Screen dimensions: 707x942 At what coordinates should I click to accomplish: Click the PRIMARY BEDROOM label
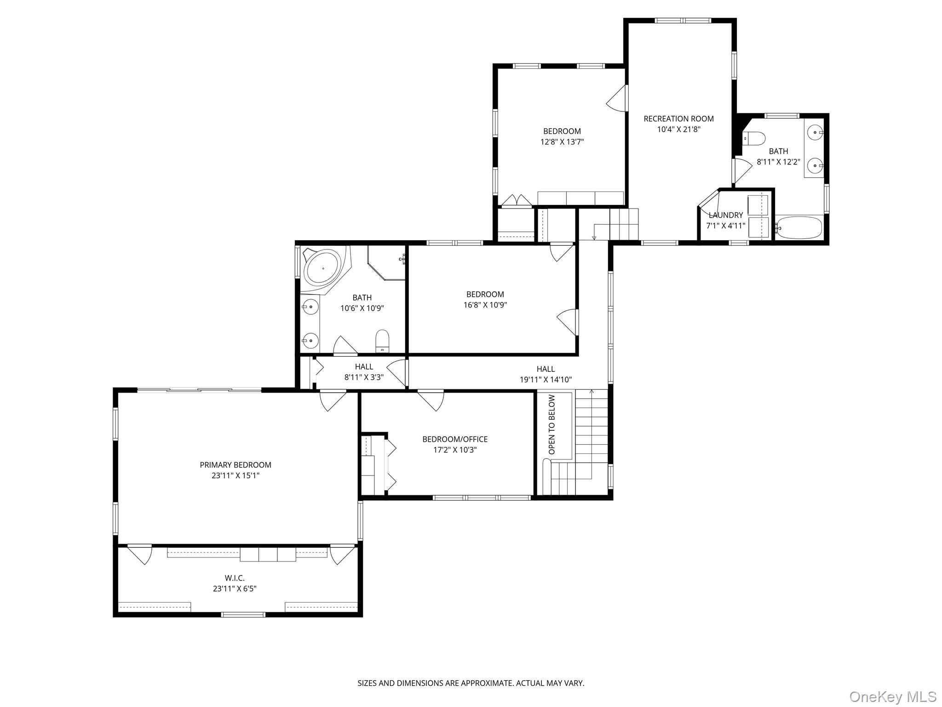(235, 465)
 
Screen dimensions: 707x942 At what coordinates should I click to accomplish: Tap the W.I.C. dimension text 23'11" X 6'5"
(235, 589)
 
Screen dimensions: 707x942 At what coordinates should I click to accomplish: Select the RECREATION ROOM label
(678, 119)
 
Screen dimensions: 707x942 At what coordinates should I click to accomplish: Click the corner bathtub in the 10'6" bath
(322, 267)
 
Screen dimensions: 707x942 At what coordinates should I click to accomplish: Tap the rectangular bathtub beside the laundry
(799, 227)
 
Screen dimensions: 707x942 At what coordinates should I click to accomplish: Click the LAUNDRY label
(725, 215)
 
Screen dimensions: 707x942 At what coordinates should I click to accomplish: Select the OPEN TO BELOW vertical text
(552, 424)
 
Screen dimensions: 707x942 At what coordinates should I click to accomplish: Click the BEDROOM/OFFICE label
(455, 439)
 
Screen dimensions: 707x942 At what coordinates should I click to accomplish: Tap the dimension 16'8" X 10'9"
(485, 305)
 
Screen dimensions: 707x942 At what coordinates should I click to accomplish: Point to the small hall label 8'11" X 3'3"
(364, 377)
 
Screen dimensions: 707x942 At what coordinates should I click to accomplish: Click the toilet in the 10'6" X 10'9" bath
(382, 340)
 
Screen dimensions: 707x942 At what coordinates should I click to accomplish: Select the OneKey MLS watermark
(892, 696)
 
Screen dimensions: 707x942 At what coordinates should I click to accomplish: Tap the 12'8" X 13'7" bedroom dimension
(562, 142)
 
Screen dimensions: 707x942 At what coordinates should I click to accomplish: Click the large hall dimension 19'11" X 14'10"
(546, 380)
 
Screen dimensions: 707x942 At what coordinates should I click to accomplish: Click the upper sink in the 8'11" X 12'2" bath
(816, 132)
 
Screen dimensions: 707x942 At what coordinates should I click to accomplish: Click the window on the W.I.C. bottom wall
(243, 614)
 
